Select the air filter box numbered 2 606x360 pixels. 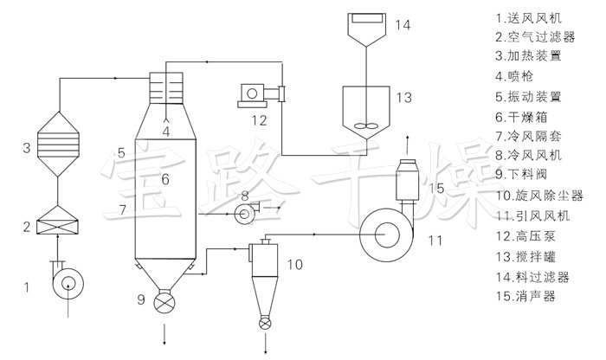[x=57, y=221]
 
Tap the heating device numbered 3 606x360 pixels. [x=58, y=145]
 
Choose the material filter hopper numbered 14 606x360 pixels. [x=366, y=29]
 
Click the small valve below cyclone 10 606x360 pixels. [x=265, y=324]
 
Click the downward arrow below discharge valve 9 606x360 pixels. [x=164, y=335]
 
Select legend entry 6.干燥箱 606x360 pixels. [x=522, y=117]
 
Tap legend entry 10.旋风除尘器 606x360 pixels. [x=539, y=196]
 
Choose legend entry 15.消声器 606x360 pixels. [x=525, y=296]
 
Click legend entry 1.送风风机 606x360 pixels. [x=529, y=18]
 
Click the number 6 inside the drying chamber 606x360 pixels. [x=165, y=179]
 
